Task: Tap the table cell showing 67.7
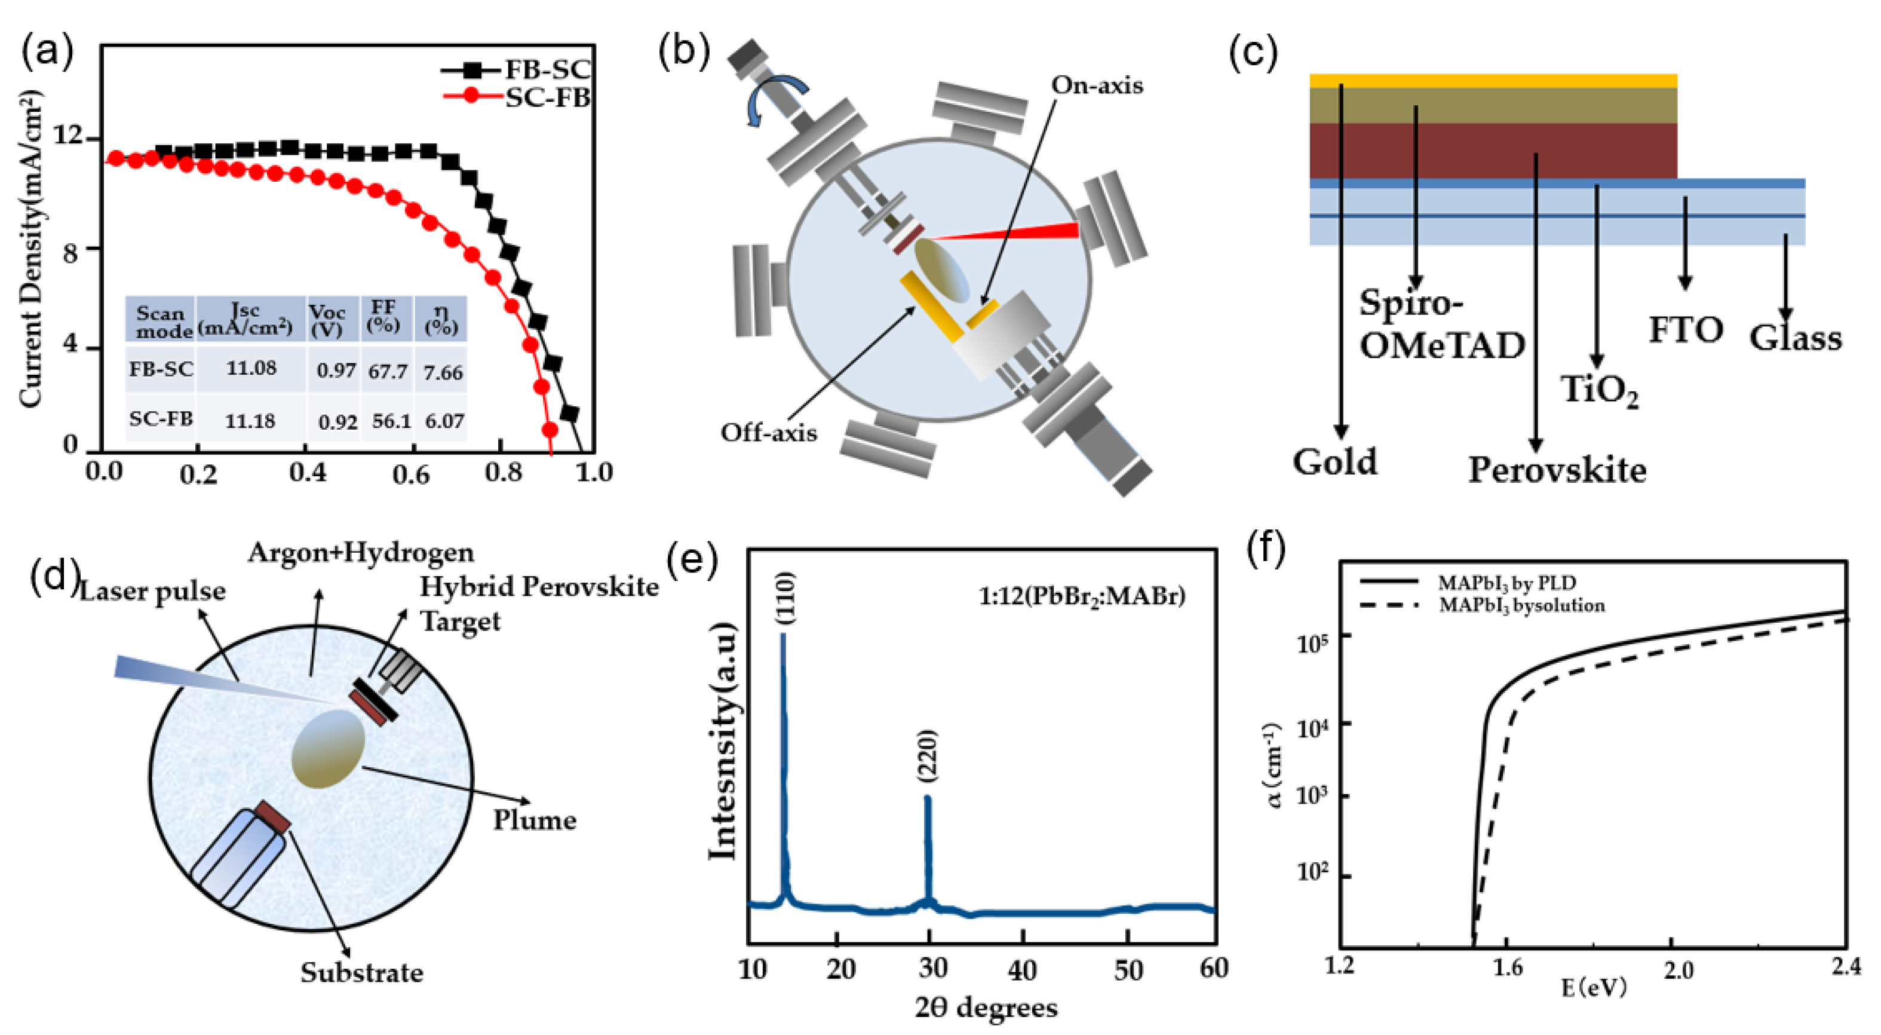coord(387,371)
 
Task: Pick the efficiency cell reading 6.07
coord(444,421)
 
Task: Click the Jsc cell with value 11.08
coord(250,368)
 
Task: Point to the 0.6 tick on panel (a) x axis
coord(411,474)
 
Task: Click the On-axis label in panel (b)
coord(1097,85)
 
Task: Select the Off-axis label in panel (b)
coord(768,433)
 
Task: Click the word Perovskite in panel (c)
coord(1557,470)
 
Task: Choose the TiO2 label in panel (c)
coord(1599,391)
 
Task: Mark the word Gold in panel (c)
coord(1335,461)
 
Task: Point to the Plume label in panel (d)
coord(535,820)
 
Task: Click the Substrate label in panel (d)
coord(361,973)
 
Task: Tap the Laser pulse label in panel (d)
coord(152,591)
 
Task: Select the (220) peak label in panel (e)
coord(927,756)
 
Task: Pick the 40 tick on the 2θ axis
coord(1021,970)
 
